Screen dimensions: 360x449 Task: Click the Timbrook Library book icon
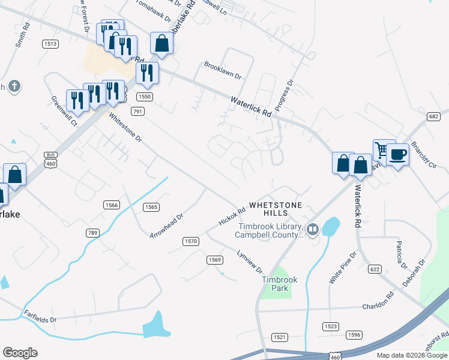pos(312,229)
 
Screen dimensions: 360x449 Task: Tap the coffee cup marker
pos(397,154)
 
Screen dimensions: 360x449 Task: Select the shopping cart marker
pos(383,149)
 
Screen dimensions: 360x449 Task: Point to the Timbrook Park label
pos(275,284)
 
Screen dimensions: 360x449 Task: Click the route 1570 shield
pos(191,241)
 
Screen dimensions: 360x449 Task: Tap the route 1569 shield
pos(215,260)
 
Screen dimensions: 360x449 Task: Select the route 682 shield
pos(434,116)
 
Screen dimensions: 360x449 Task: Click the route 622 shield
pos(375,269)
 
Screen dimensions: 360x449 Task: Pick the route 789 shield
pos(92,233)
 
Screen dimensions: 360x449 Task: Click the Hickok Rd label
pos(232,217)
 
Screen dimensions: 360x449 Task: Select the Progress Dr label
pos(286,91)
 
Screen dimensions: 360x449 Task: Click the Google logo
pos(20,353)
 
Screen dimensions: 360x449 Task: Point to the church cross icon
pos(14,87)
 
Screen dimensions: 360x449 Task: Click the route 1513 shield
pos(50,44)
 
